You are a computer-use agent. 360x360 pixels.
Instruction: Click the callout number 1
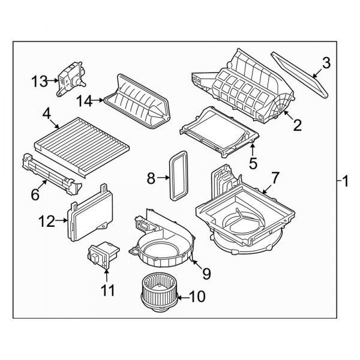pyautogui.click(x=346, y=179)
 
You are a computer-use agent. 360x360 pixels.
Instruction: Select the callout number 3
pyautogui.click(x=326, y=62)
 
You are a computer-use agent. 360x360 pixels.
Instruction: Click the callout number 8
pyautogui.click(x=151, y=178)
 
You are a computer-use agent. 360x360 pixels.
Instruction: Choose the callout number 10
pyautogui.click(x=197, y=296)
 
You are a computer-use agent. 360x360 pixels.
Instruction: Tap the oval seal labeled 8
pyautogui.click(x=178, y=176)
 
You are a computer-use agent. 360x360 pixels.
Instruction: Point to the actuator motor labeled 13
pyautogui.click(x=70, y=78)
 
